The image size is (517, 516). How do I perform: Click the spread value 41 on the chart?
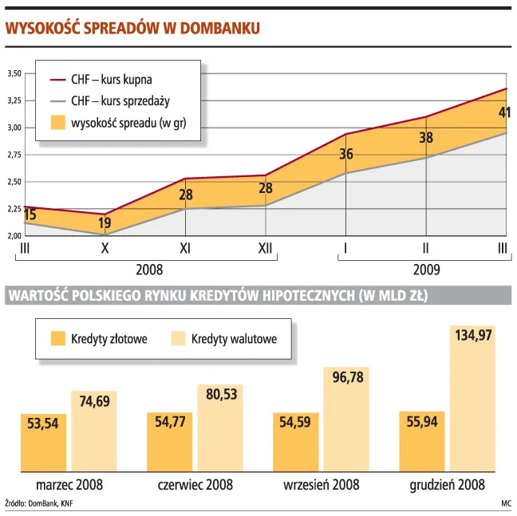pos(503,112)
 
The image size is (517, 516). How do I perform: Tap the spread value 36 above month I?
pos(346,154)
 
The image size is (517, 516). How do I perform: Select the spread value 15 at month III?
pos(30,215)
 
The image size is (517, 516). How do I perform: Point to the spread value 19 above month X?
pos(105,224)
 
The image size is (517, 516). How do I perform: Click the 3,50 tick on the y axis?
pos(14,73)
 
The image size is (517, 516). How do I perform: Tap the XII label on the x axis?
pos(266,249)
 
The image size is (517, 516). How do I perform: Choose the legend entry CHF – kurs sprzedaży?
pos(120,101)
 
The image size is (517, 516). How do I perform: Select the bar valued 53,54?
pos(42,442)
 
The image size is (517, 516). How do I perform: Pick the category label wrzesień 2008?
pos(321,485)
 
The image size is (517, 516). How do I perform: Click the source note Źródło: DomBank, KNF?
pos(39,504)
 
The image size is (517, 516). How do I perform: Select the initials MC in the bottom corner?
pos(506,504)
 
